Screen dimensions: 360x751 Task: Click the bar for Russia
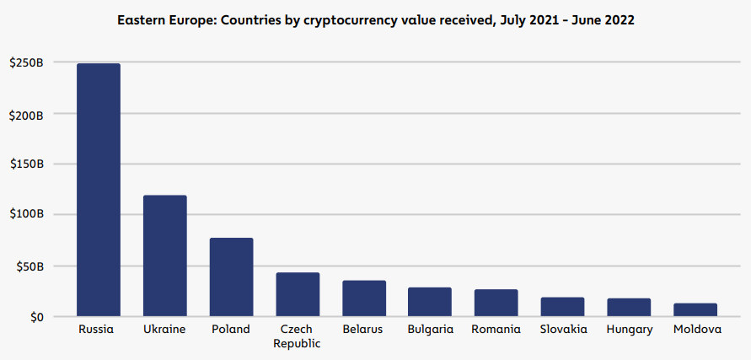tap(99, 191)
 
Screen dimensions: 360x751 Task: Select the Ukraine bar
tap(164, 256)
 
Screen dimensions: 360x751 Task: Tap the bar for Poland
tap(231, 277)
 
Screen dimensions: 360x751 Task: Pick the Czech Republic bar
tap(298, 295)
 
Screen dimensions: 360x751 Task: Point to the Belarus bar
tap(364, 298)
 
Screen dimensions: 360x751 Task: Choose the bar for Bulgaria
tap(430, 302)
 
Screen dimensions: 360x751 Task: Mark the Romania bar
tap(496, 303)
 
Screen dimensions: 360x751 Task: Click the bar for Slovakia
tap(562, 307)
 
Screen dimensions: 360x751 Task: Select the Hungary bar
tap(629, 308)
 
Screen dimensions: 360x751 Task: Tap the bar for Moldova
tap(695, 310)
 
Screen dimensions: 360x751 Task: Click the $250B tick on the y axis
tap(26, 62)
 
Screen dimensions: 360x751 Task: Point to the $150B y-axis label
tap(26, 164)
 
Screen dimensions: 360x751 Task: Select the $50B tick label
tap(30, 266)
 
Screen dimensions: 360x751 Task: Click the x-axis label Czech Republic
tap(298, 336)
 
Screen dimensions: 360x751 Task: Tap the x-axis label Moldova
tap(697, 330)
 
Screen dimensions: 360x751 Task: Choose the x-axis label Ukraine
tap(164, 330)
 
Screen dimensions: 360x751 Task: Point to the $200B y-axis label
tap(26, 114)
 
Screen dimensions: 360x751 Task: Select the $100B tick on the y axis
tap(26, 215)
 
